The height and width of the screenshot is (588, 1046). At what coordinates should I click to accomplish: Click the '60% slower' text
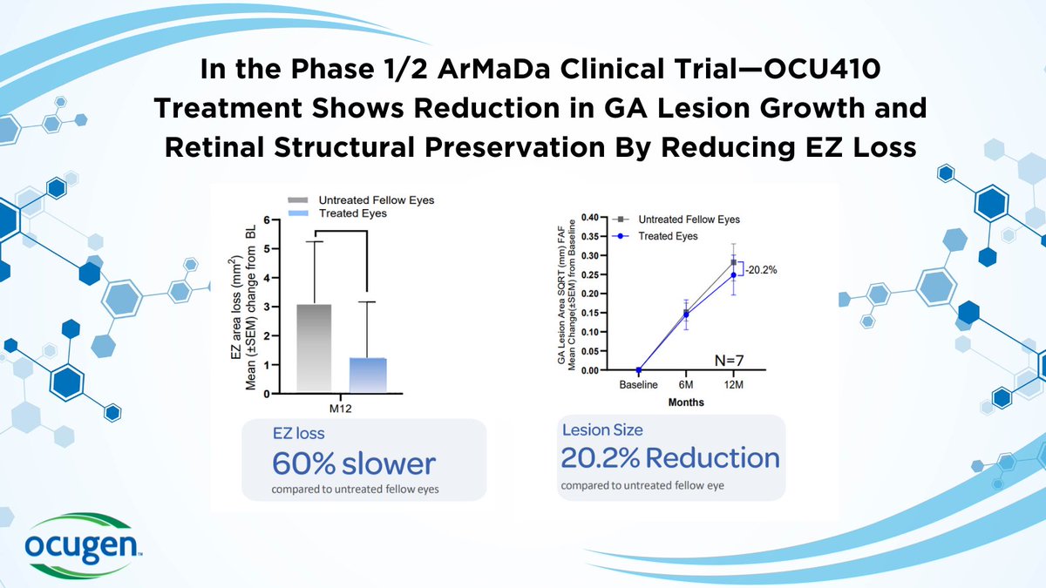[353, 463]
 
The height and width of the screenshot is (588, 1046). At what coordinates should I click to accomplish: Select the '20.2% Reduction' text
[669, 457]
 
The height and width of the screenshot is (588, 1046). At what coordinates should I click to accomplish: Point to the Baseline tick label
[638, 385]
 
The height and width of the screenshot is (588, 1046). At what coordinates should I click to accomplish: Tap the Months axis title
[686, 402]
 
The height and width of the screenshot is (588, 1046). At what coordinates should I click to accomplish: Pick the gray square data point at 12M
[733, 262]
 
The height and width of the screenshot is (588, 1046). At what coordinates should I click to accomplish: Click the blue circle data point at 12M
[733, 275]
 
